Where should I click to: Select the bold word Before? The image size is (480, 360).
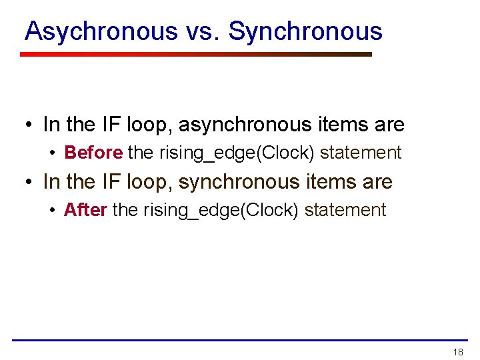[x=93, y=153]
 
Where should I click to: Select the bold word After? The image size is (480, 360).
[x=85, y=210]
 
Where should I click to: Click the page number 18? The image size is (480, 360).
[x=457, y=352]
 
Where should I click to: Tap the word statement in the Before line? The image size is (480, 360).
[x=361, y=153]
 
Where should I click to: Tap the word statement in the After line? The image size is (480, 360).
[x=345, y=210]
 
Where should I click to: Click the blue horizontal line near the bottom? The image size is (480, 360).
[x=240, y=340]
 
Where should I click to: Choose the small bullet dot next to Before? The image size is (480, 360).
[x=53, y=153]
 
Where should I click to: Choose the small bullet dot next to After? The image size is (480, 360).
[x=53, y=211]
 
